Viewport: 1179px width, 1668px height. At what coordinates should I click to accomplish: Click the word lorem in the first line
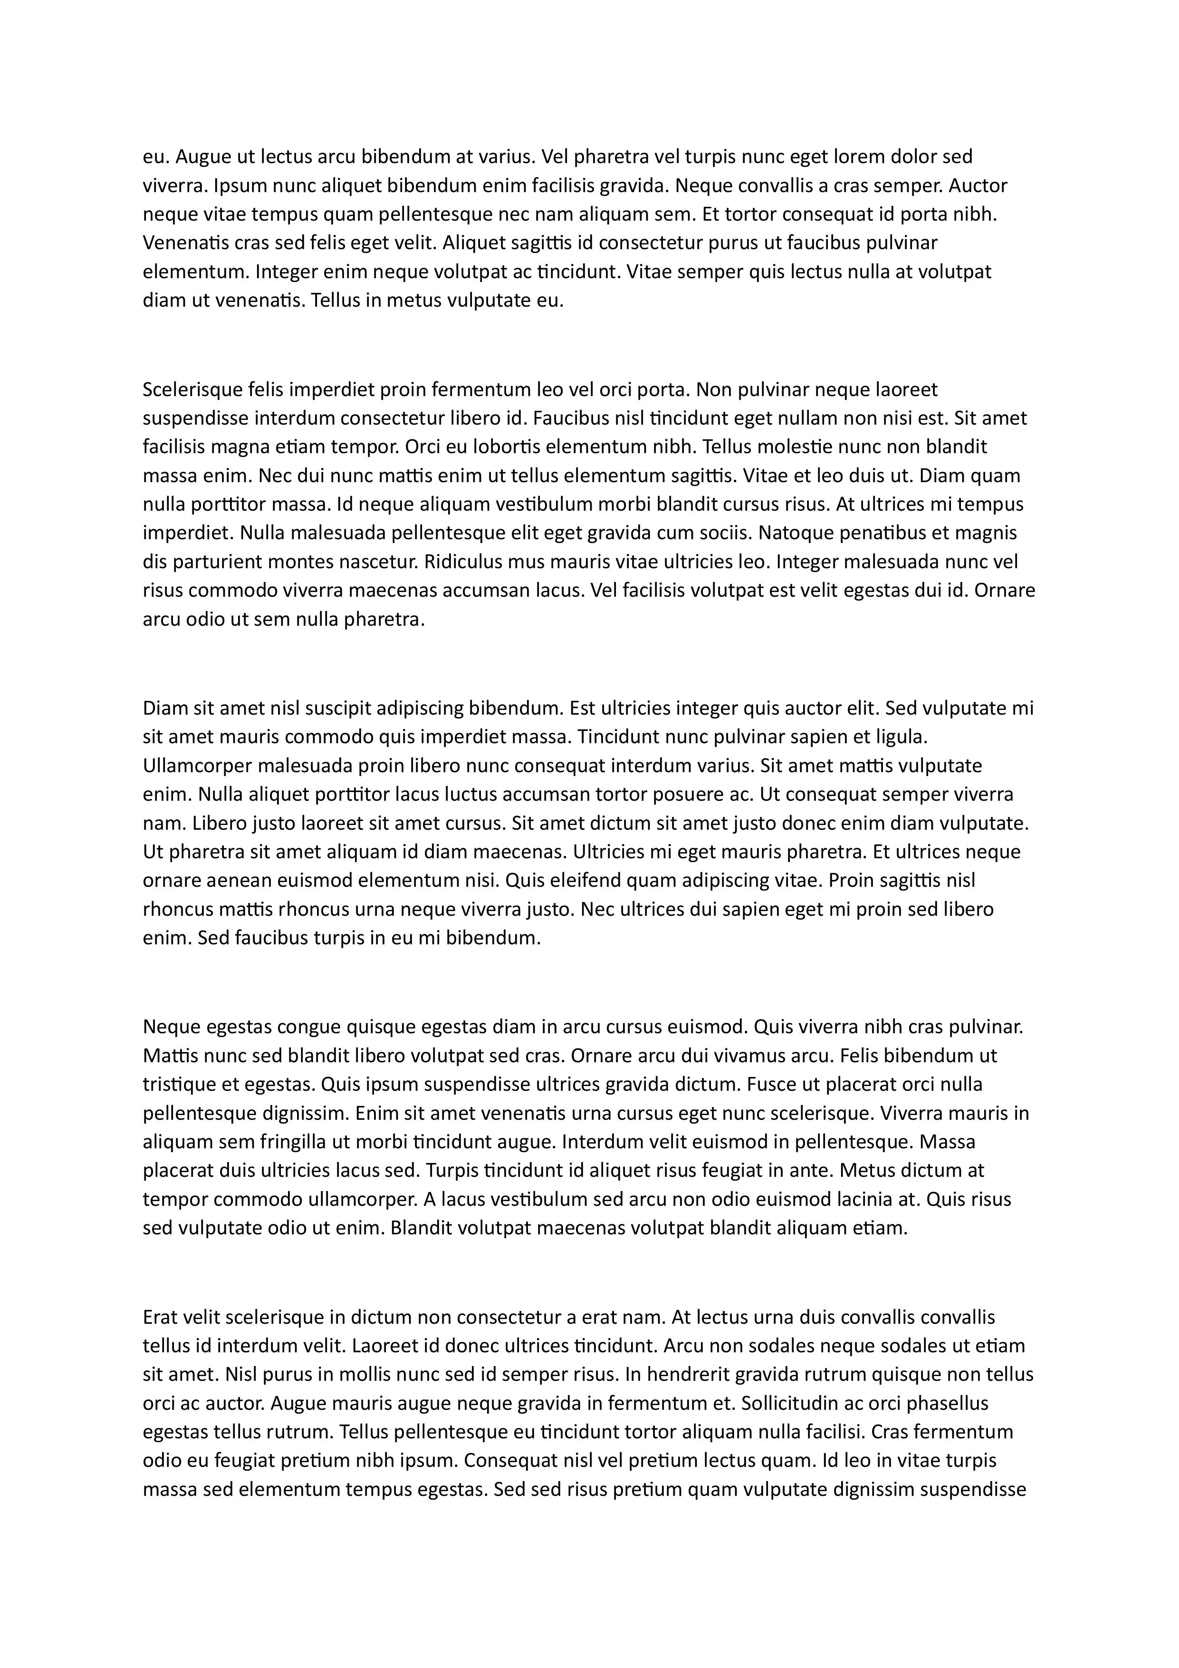point(864,157)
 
